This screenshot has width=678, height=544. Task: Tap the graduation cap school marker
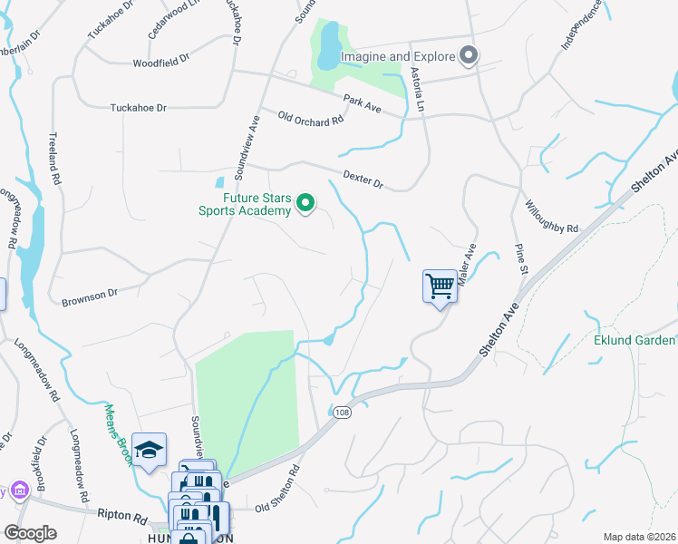coord(149,449)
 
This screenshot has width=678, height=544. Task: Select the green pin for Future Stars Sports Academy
coord(306,203)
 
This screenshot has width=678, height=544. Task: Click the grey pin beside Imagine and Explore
coord(469,57)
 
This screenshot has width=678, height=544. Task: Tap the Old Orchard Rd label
coord(311,119)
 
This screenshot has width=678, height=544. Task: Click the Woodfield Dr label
coord(160,62)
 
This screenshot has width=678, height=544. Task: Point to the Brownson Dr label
coord(90,296)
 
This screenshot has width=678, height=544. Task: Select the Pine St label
coord(519,257)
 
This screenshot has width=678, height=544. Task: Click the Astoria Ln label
coord(417,89)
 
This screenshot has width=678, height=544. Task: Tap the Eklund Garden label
coord(634,341)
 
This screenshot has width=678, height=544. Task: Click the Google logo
coord(30,533)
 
